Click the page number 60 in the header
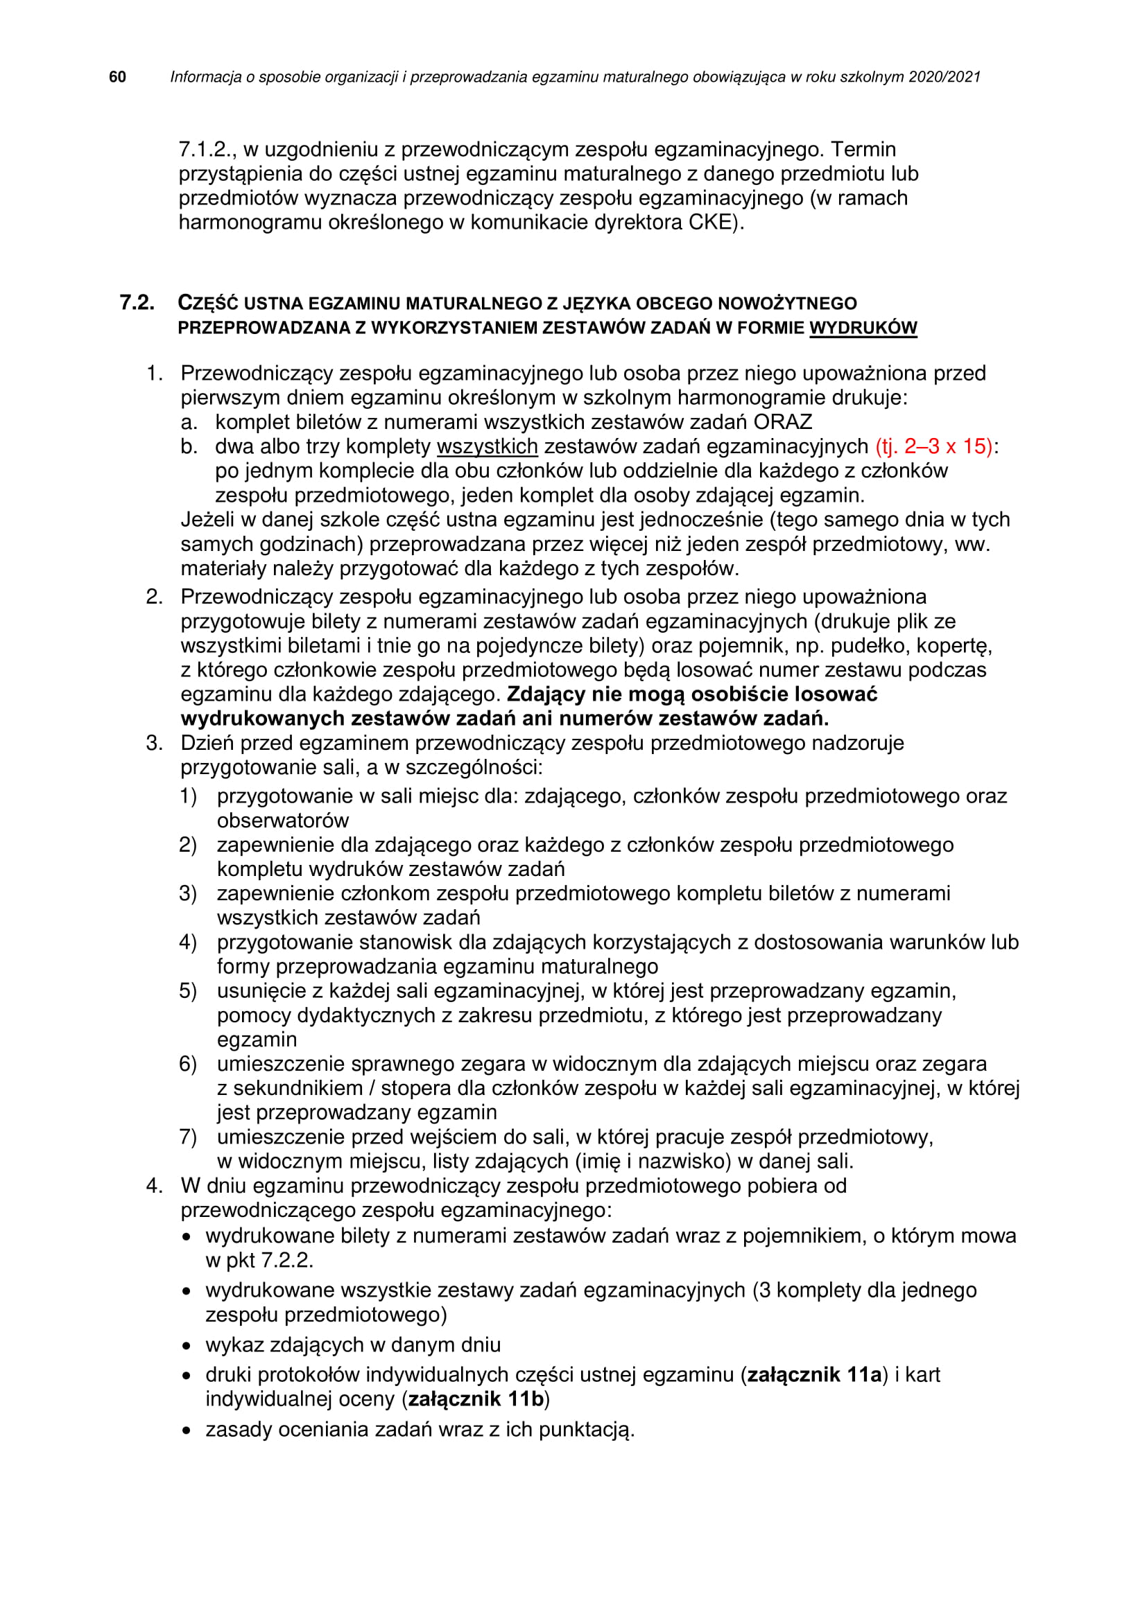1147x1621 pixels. [x=117, y=77]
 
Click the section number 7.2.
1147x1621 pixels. [x=137, y=303]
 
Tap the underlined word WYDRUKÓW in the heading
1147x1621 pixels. [x=863, y=328]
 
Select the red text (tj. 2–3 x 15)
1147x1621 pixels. [x=933, y=446]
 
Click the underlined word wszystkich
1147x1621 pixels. [x=488, y=446]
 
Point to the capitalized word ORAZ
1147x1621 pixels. [x=782, y=422]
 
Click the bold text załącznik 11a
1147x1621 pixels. [x=814, y=1374]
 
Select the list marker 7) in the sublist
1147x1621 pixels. [x=187, y=1137]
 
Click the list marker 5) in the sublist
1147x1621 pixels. [x=187, y=990]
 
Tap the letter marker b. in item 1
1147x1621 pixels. [x=189, y=446]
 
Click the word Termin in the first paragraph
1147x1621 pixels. [x=863, y=150]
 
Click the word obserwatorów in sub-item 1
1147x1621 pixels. [x=282, y=821]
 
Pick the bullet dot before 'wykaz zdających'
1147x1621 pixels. [x=187, y=1346]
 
